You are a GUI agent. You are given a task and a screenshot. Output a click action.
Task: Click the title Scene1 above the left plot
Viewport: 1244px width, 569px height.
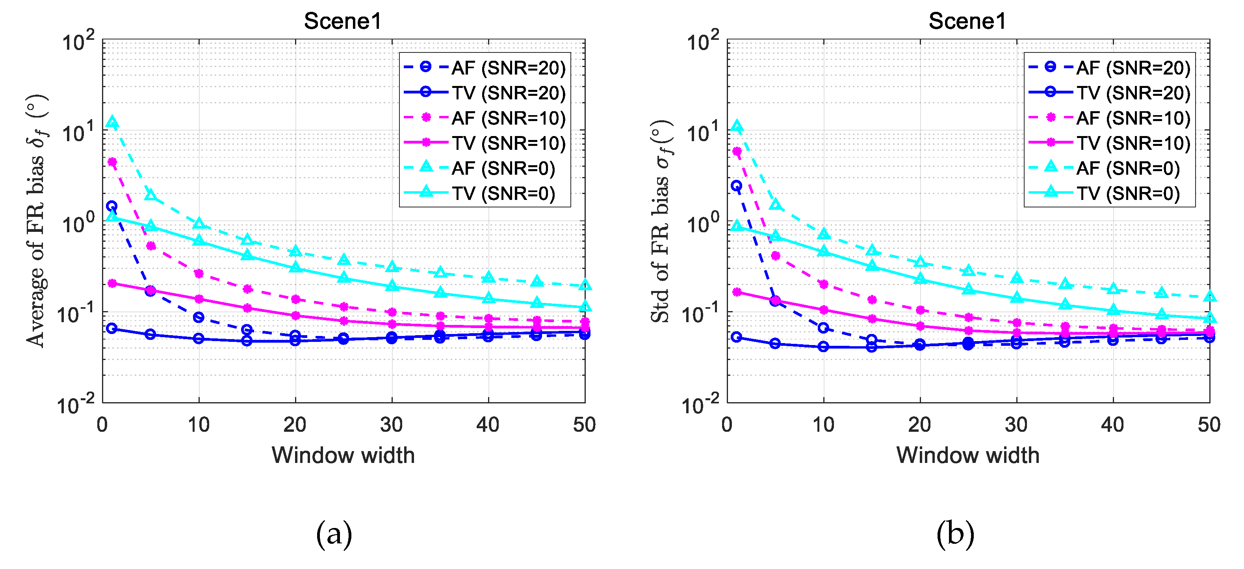pyautogui.click(x=342, y=21)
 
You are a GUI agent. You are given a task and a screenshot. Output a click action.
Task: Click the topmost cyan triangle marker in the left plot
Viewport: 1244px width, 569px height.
pyautogui.click(x=112, y=122)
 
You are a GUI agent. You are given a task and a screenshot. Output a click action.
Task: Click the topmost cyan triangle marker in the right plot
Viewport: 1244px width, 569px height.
pyautogui.click(x=737, y=127)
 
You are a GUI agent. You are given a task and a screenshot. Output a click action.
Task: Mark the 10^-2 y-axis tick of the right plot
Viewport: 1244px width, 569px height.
pyautogui.click(x=703, y=404)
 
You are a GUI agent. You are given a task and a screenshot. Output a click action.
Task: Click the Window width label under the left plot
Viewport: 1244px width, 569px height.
pyautogui.click(x=343, y=455)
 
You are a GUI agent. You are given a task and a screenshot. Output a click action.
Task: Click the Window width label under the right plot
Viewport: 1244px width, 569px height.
pyautogui.click(x=967, y=455)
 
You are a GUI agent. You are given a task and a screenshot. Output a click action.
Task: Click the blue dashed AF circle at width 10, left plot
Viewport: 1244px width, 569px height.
pyautogui.click(x=199, y=317)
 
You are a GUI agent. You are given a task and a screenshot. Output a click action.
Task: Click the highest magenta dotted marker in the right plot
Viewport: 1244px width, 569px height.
pyautogui.click(x=737, y=151)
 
